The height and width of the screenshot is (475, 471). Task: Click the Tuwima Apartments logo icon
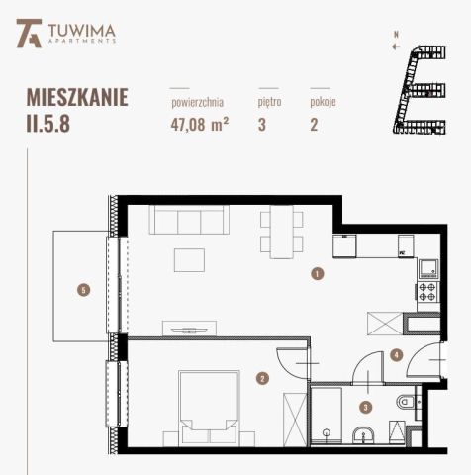[29, 37]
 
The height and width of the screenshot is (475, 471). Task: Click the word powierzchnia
[197, 101]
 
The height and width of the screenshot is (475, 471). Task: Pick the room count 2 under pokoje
[315, 124]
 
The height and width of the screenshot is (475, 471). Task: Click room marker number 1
[316, 274]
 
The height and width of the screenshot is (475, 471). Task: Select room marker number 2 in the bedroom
[262, 377]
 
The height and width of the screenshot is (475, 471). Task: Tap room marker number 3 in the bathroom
[365, 406]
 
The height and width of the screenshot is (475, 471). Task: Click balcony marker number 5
[84, 290]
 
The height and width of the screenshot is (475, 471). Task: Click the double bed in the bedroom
[208, 402]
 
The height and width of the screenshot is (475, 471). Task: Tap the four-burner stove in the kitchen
[427, 292]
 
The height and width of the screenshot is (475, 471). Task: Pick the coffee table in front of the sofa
[190, 259]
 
